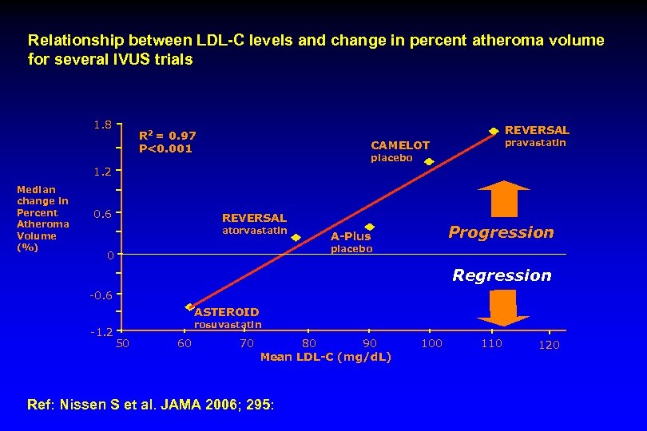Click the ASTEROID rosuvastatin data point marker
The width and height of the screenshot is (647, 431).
[190, 306]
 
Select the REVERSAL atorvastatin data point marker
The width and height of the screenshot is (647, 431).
[295, 235]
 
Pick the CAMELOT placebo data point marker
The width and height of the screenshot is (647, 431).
[428, 162]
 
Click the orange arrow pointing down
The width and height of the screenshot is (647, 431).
[502, 308]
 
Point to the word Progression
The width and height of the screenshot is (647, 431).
[501, 232]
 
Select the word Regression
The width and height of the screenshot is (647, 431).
[502, 275]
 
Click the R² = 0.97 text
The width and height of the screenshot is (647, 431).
[167, 136]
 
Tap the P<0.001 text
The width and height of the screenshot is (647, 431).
[165, 148]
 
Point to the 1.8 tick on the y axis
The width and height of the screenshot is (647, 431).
[101, 125]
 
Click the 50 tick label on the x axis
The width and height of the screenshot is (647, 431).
[123, 344]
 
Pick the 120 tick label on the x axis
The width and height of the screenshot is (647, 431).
[549, 345]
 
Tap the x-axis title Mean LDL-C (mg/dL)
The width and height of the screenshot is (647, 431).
[326, 357]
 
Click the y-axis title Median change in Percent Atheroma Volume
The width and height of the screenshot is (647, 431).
[43, 219]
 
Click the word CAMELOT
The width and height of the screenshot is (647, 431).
[400, 145]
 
